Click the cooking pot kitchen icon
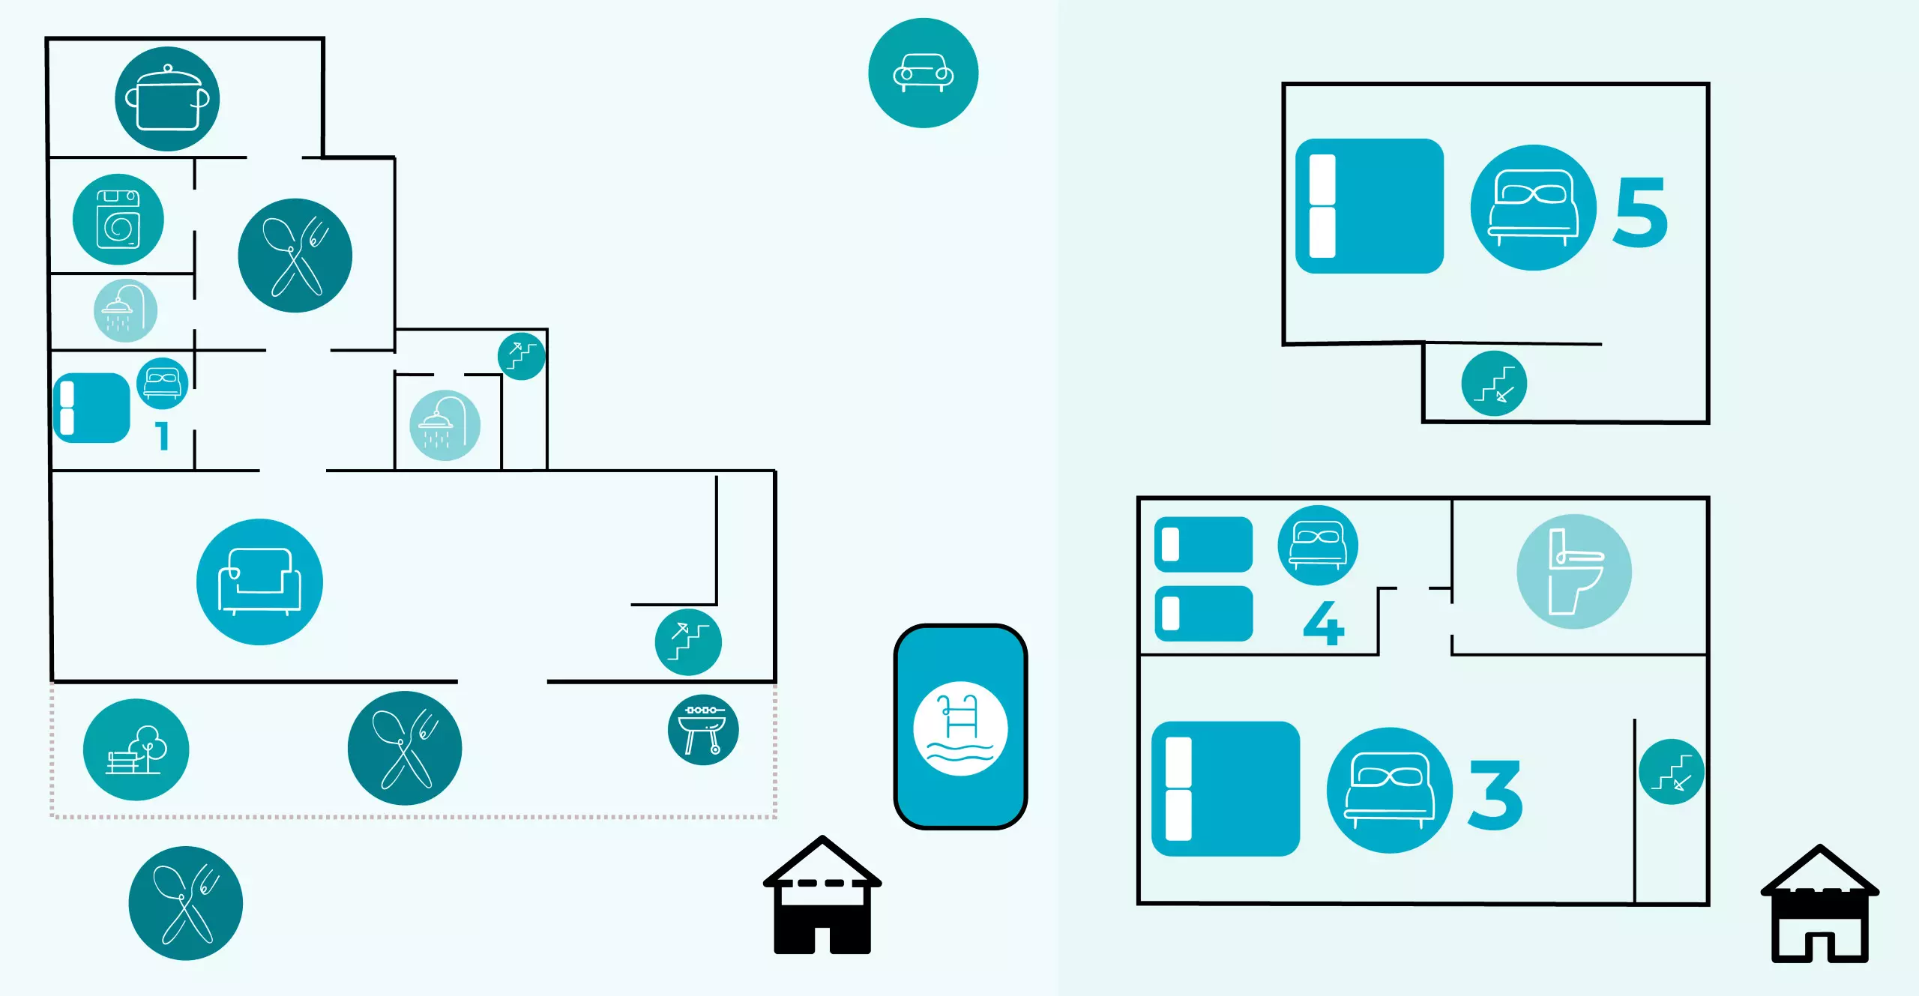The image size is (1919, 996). point(167,99)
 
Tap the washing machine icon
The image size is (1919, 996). point(118,220)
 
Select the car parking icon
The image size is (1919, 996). point(923,73)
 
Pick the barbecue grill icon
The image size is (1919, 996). point(703,730)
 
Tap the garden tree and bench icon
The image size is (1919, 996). point(136,749)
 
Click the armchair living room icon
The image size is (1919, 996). point(259,582)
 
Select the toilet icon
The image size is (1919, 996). point(1574,571)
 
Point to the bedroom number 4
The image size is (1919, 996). point(1324,623)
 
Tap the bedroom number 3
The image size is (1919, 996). point(1495,794)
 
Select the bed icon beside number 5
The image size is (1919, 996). point(1533,208)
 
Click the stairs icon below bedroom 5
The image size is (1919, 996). point(1494,384)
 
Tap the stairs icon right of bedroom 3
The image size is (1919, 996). point(1672,772)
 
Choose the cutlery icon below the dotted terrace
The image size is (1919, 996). point(186,903)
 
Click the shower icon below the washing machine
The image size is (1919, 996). point(125,311)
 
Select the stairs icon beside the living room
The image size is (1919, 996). point(688,642)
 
